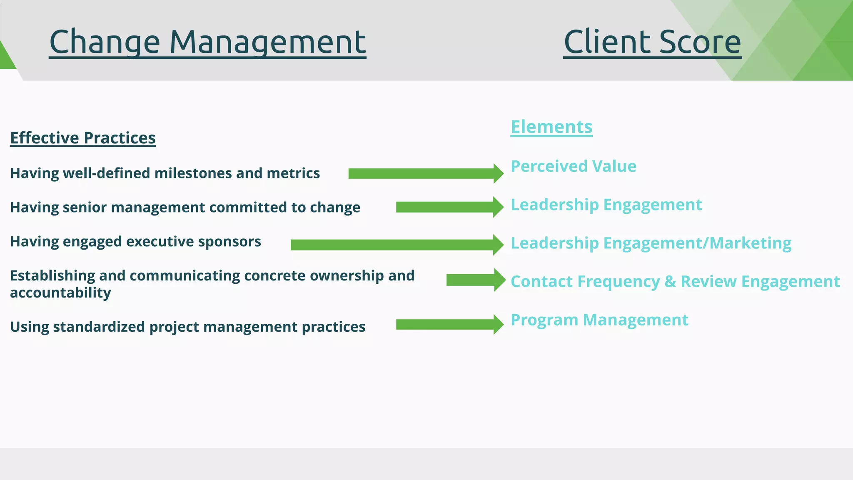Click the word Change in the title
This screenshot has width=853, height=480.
coord(104,42)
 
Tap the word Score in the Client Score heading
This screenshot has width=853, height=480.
coord(700,42)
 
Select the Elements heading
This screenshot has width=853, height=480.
coord(551,127)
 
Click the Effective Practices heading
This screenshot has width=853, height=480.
coord(82,138)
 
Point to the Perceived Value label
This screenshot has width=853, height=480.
coord(574,166)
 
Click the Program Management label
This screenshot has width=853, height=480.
coord(599,320)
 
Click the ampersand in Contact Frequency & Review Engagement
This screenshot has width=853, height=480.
coord(670,282)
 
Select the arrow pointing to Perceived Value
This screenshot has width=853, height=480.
coord(425,174)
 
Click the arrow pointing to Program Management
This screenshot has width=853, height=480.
coord(449,325)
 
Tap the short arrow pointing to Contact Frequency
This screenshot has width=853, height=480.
coord(475,280)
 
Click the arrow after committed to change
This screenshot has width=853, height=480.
coord(449,207)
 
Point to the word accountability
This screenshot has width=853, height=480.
coord(60,293)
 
